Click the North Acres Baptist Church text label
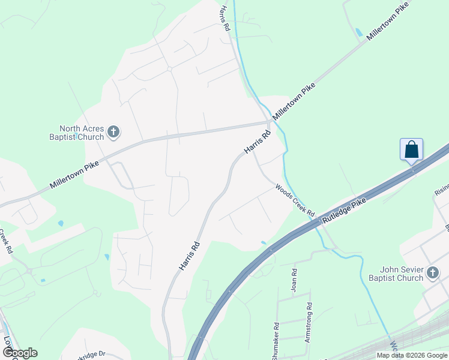click(81, 133)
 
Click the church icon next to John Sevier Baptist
click(433, 274)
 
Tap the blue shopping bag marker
click(412, 149)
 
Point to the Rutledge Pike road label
click(344, 212)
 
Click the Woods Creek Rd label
click(295, 201)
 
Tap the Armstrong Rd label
click(309, 323)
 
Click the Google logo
click(20, 353)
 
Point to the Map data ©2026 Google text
click(411, 355)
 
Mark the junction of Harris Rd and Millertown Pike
click(270, 123)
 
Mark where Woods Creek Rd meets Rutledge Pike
click(318, 218)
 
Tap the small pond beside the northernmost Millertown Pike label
click(359, 32)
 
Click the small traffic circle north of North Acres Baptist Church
click(170, 69)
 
